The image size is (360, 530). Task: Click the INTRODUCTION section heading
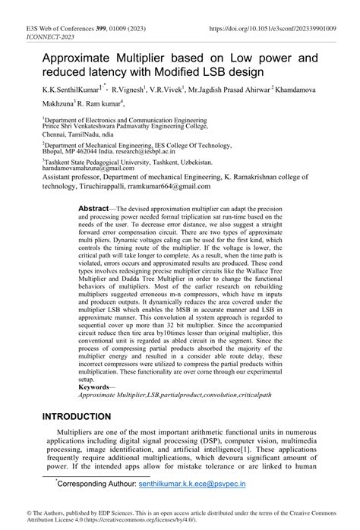tap(87, 416)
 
